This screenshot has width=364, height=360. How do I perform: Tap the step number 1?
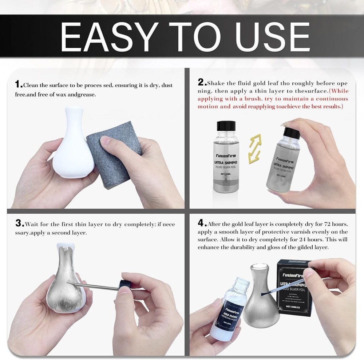(18, 85)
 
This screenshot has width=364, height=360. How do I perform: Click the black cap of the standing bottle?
(226, 126)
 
